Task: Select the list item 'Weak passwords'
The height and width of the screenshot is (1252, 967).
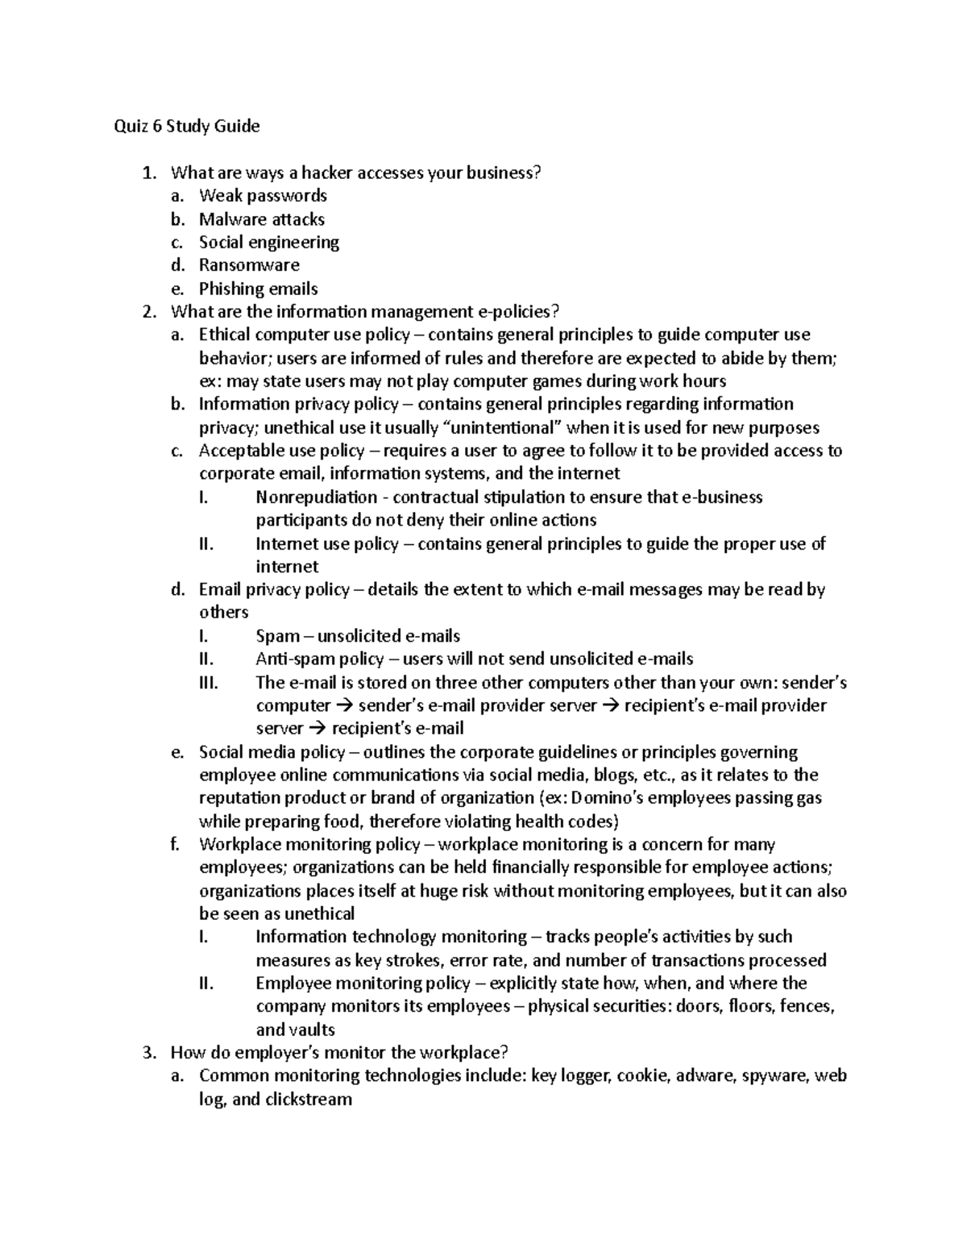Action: coord(263,195)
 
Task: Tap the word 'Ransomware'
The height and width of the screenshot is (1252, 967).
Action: coord(249,265)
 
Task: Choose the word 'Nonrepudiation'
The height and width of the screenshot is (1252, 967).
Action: coord(316,497)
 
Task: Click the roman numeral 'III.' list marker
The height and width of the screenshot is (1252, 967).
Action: coord(208,682)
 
